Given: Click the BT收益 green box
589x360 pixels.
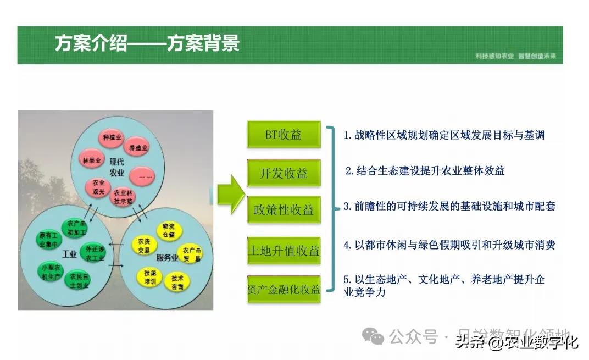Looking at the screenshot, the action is pos(284,135).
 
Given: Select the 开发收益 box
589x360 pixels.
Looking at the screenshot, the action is pos(284,173).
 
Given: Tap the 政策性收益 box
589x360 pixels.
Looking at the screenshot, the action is pos(284,209).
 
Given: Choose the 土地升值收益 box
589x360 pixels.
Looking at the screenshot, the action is pos(284,251).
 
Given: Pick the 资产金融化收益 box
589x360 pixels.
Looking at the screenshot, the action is pos(284,289).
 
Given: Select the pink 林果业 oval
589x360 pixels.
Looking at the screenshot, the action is pos(92,160).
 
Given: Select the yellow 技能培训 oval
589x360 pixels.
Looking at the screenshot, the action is pos(149,276).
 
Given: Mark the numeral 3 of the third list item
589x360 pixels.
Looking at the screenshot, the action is pos(347,207).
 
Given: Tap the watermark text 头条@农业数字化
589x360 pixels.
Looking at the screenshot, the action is pos(516,343).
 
